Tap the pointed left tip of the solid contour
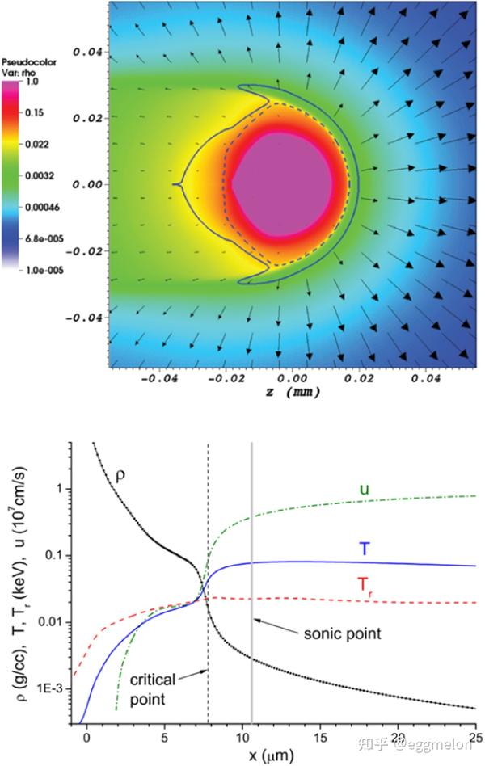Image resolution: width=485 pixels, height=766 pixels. (x=175, y=185)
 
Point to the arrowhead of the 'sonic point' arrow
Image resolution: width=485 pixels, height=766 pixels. (x=255, y=619)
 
